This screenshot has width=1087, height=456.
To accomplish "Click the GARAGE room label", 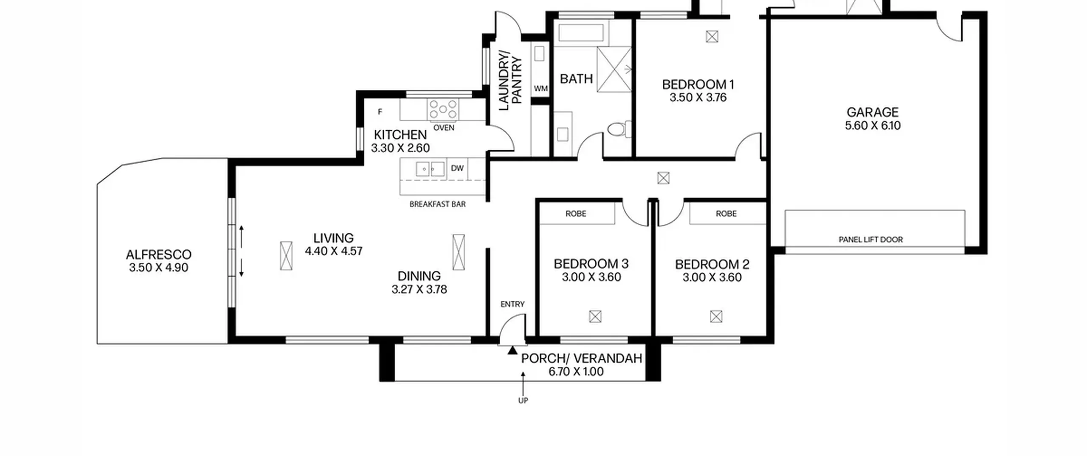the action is coord(873,112).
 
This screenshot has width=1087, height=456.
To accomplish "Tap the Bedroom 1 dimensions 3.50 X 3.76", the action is coord(698,98).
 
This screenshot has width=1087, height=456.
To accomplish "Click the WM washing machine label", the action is coord(541,89).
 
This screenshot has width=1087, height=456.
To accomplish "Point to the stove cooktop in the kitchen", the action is coord(443,109).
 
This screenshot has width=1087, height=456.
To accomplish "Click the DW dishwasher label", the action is coord(457,168).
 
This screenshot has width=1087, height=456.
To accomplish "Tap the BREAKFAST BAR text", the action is coord(437,204).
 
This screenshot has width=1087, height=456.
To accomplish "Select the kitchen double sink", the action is coord(430,169).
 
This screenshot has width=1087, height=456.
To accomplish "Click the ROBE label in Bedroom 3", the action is coord(576,214).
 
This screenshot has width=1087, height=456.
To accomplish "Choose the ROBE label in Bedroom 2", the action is coord(726,214).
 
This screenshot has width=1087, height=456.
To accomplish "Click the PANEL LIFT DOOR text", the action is coord(870,240).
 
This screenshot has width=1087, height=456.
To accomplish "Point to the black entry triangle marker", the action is coord(513,350).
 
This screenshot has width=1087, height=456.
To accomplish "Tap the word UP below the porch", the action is coord(523,400).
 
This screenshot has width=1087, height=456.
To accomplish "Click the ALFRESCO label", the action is coord(158,255).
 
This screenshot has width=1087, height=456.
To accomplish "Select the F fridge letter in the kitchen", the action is coord(380,112).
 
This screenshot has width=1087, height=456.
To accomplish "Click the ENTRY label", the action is coord(513,304).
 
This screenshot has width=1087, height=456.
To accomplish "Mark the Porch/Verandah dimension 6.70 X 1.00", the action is coord(576,372).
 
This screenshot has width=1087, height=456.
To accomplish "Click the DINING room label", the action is coord(419,276).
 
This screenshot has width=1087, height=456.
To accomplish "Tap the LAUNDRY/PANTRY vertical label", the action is coord(510,81).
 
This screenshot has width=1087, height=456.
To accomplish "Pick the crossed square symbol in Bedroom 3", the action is coord(595,316).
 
